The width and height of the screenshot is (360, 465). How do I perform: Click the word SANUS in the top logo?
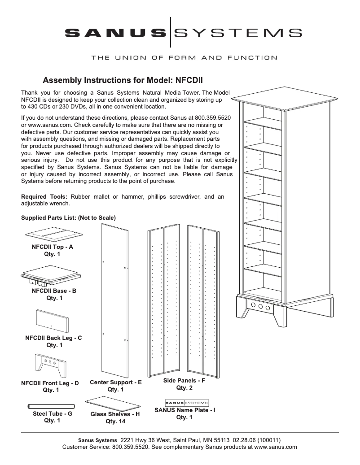coord(114,33)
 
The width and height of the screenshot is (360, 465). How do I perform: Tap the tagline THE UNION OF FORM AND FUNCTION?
coord(184,57)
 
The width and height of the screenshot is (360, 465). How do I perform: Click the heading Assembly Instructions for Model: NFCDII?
coord(123,81)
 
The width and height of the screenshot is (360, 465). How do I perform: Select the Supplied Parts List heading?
coord(68,218)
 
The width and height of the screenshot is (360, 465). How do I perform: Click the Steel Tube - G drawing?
coord(50,407)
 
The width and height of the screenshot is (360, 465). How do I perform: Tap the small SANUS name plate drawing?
coord(187,402)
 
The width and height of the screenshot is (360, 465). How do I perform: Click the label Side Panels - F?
coord(184,381)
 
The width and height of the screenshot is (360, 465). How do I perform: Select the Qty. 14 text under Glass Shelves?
coord(115,422)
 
